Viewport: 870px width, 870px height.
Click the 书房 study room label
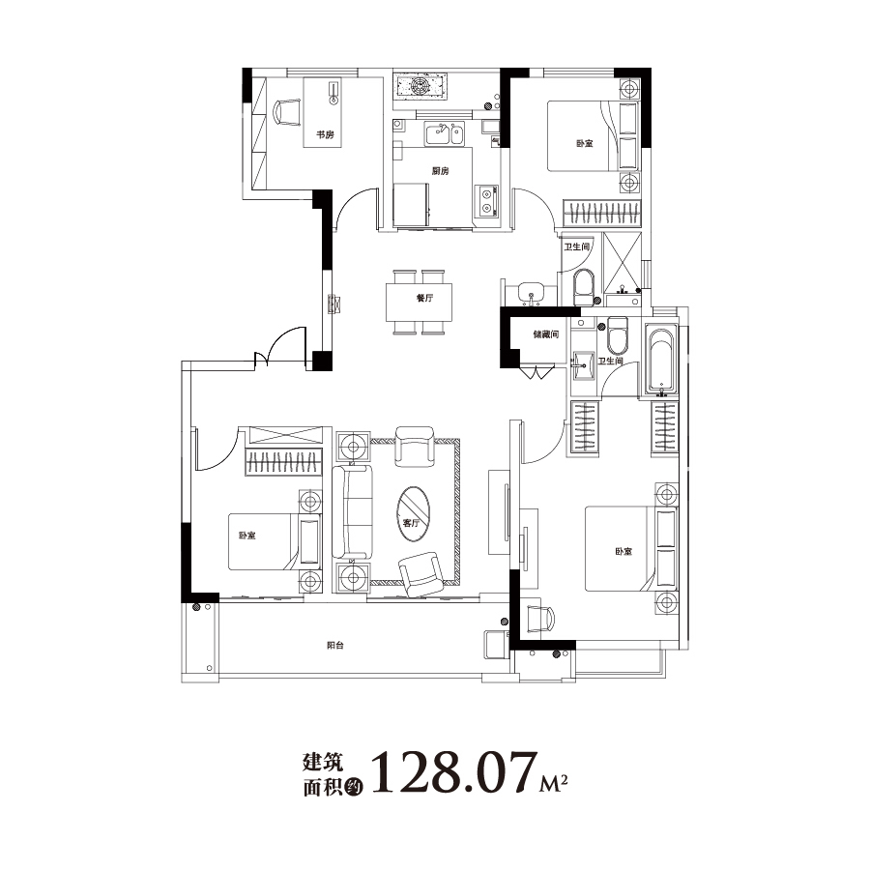325,134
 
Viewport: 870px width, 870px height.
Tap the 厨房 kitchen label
440,171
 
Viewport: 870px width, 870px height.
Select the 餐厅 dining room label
424,298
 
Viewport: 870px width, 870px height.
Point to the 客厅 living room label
411,523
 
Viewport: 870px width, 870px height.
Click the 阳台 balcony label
335,646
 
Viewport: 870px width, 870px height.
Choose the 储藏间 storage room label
546,334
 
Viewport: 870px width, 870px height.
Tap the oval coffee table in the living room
414,514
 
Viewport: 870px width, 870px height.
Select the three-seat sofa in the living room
352,511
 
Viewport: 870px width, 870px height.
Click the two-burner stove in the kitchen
486,201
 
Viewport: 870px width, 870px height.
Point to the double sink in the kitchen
445,134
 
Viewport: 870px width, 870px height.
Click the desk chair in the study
286,113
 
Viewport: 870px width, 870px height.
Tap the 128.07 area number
454,772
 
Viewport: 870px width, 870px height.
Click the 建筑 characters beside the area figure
323,762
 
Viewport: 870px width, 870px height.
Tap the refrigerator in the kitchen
411,205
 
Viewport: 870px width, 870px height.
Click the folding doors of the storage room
537,372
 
